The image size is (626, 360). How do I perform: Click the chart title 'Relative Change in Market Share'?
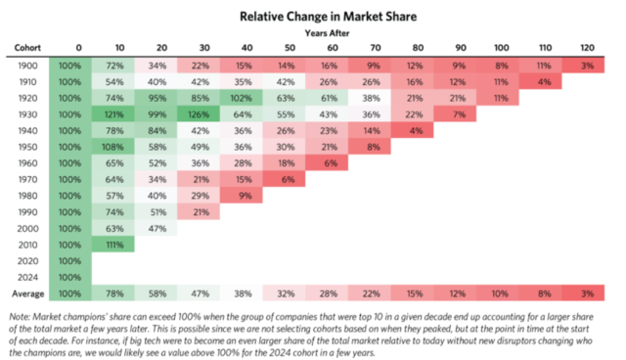[329, 17]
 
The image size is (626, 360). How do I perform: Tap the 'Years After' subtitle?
[327, 33]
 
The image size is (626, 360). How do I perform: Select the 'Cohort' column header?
[27, 48]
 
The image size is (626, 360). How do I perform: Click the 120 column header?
[587, 48]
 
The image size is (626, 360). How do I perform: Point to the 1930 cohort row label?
[27, 114]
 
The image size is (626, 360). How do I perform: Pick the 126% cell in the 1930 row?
[199, 114]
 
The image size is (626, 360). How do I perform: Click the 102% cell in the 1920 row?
[242, 98]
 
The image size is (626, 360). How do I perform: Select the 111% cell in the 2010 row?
[113, 246]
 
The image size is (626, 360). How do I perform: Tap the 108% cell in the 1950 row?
[113, 148]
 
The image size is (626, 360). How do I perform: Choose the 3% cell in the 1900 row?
[583, 66]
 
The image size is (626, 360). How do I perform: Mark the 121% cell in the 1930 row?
[113, 114]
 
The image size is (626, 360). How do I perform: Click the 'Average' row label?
[28, 294]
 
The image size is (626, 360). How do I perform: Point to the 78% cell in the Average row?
[113, 294]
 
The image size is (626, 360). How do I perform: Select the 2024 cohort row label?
[27, 278]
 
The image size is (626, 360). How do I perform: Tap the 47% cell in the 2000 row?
[156, 229]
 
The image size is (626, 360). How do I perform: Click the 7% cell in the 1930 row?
[455, 114]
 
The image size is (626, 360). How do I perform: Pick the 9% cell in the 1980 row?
[242, 196]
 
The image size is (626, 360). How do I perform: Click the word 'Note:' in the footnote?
[20, 317]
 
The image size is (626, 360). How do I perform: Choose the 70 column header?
[376, 48]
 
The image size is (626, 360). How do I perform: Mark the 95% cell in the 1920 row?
[156, 98]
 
